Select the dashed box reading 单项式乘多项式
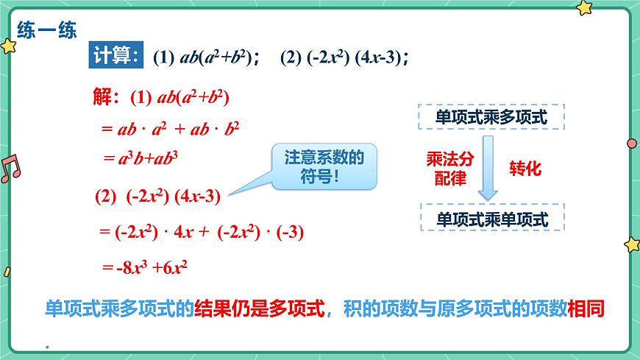point(491,116)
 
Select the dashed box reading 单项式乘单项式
point(491,219)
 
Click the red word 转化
point(525,169)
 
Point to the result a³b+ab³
point(142,157)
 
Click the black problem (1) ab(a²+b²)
point(206,57)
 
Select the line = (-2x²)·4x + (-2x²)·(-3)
point(201,232)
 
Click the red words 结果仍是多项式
point(259,309)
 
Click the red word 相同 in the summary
point(586,309)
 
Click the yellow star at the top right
point(583,8)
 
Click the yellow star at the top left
point(8,46)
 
